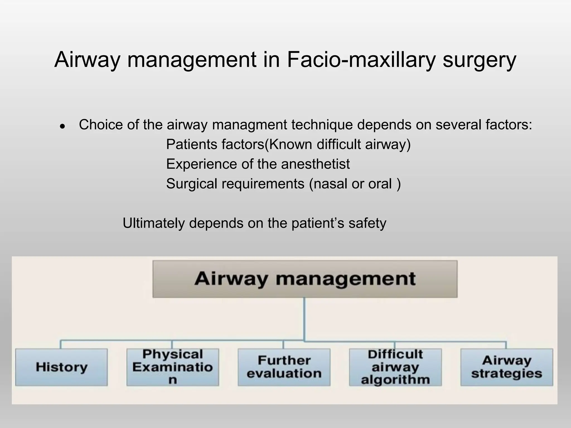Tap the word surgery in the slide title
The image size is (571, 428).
(479, 60)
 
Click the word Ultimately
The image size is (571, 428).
(153, 223)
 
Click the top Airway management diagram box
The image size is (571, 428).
(305, 279)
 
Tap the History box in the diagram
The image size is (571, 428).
(61, 367)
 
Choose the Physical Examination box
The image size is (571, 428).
(173, 367)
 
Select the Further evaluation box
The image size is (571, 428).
(284, 367)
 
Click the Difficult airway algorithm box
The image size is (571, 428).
(395, 367)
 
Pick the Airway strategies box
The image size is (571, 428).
(506, 367)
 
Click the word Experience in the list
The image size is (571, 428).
(201, 164)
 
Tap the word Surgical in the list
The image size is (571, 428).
(192, 184)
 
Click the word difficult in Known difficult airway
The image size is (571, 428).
(339, 144)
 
